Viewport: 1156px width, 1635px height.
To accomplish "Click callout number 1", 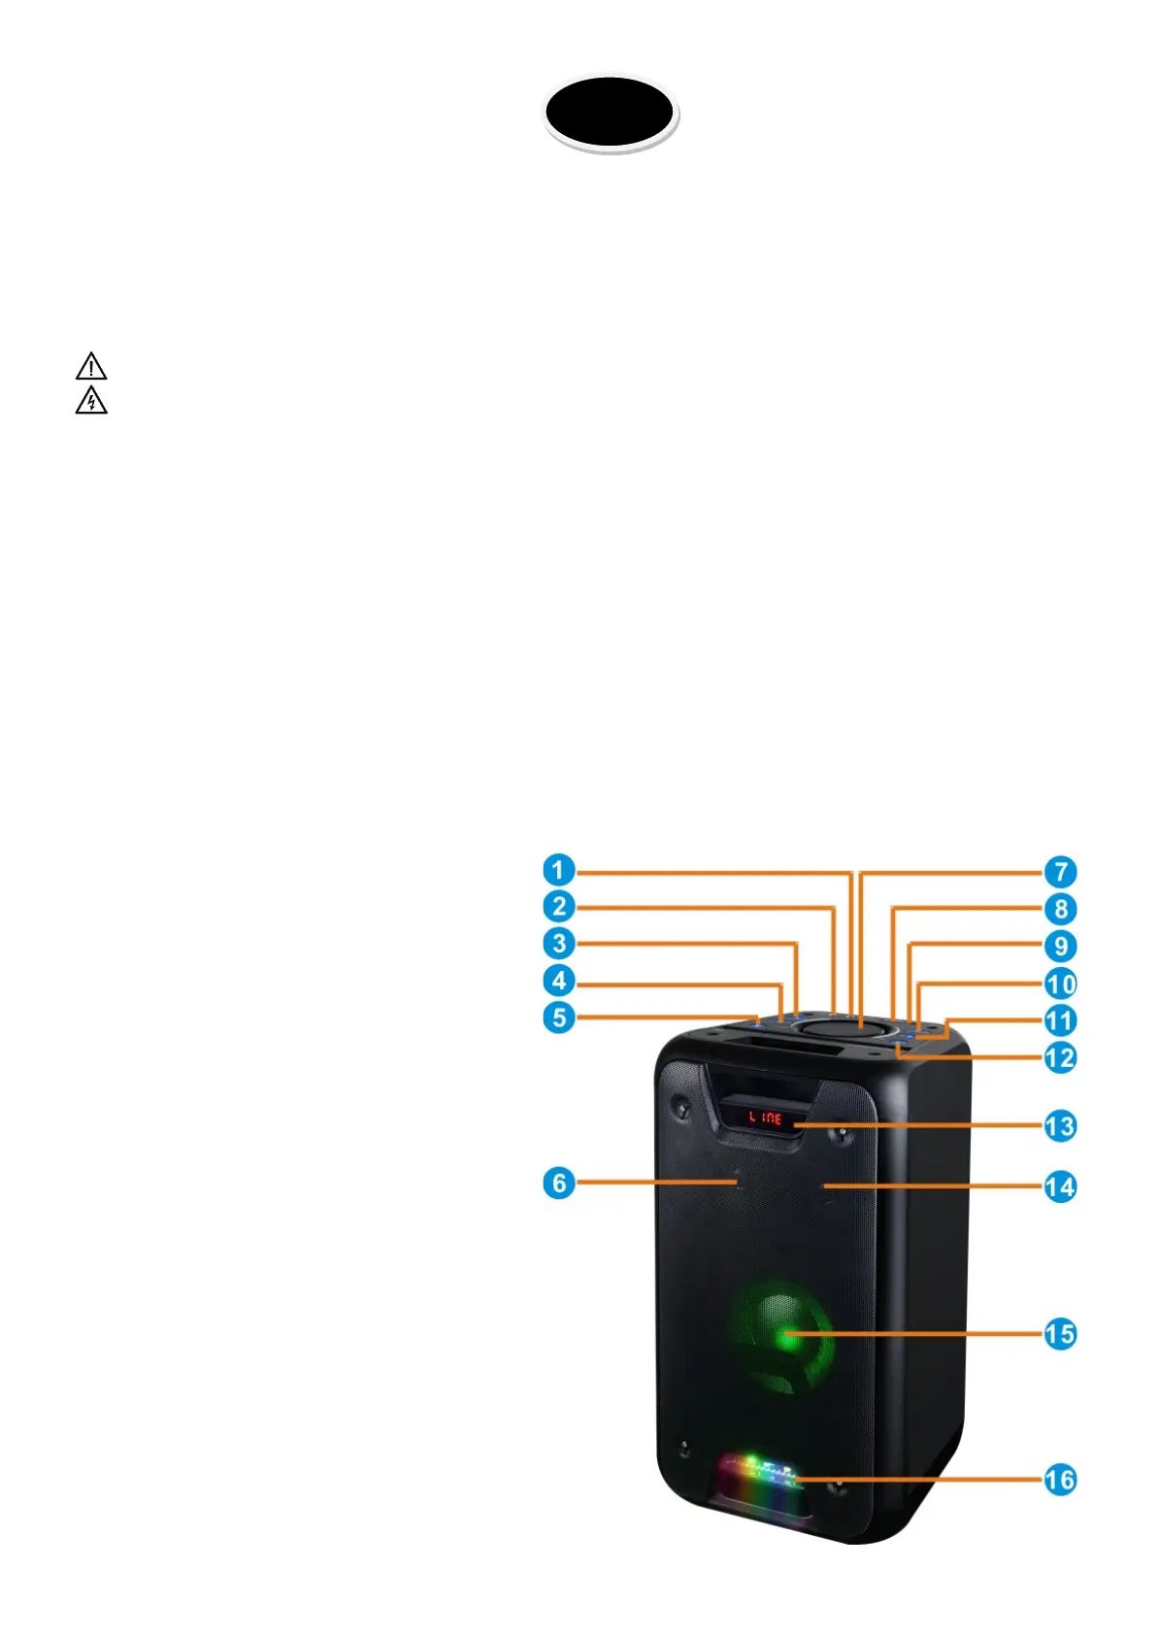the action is click(559, 870).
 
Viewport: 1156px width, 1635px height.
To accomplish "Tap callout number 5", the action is click(559, 1018).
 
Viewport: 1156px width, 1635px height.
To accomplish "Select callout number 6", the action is click(559, 1184).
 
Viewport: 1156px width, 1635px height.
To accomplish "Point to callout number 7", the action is click(1060, 872).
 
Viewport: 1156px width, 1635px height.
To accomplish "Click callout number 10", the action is click(1060, 984).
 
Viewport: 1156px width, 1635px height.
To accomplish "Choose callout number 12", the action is click(1060, 1057).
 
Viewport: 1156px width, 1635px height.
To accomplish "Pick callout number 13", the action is click(1060, 1126).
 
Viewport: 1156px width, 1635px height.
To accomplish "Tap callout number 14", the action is click(1060, 1186).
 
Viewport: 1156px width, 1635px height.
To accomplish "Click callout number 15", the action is click(1060, 1334).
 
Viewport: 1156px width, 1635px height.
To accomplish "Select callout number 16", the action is click(1060, 1480).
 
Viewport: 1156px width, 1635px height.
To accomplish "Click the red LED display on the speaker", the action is click(765, 1118).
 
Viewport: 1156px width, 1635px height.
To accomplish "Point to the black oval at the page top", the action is click(610, 112).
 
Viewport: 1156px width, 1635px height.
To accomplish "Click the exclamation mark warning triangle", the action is click(91, 367).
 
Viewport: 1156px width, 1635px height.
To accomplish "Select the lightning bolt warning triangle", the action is click(91, 400).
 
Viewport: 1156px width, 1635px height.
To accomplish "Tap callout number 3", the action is click(559, 944).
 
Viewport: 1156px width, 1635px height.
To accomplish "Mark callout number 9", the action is click(1060, 946).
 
